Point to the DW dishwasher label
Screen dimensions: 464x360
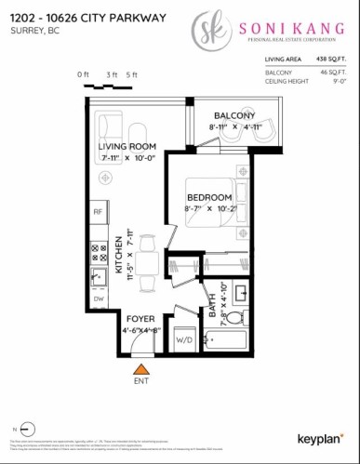click(97, 299)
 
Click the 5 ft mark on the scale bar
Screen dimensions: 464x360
click(132, 74)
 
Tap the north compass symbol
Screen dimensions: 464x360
click(27, 429)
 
